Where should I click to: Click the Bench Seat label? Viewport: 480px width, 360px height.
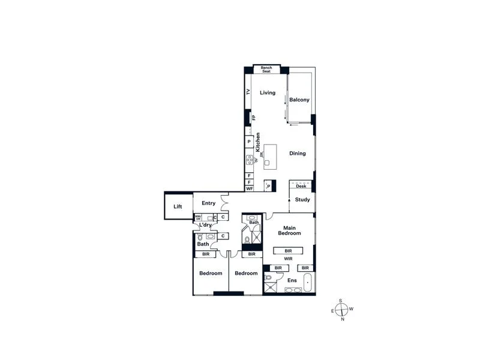266,70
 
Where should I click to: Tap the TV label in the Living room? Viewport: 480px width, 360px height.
248,92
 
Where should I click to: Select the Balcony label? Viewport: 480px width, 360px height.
299,100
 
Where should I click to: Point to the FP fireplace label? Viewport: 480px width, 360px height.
254,118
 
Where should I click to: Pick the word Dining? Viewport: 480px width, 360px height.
298,154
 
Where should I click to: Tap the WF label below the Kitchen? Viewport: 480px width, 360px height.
248,188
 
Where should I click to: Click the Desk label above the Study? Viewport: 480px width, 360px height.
301,187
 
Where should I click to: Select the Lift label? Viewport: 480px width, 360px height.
178,207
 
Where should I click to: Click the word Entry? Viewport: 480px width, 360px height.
208,203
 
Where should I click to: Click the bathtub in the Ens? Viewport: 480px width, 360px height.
308,282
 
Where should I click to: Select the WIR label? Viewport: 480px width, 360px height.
288,259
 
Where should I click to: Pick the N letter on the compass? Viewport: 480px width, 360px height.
343,319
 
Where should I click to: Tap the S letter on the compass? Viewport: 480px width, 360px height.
341,301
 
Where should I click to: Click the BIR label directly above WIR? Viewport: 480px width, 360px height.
288,250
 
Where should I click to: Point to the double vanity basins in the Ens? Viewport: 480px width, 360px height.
293,290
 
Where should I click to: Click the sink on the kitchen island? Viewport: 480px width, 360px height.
267,163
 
